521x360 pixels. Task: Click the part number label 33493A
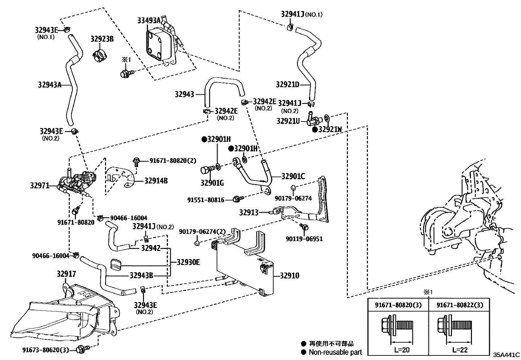click(149, 21)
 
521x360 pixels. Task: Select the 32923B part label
click(102, 39)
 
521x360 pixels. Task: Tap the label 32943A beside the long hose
click(49, 85)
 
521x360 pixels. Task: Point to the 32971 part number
click(40, 186)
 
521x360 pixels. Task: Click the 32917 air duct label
click(66, 274)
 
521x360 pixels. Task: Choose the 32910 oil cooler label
click(289, 276)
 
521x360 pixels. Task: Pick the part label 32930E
click(188, 262)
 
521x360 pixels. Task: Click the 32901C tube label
click(293, 177)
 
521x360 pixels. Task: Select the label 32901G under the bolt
click(212, 183)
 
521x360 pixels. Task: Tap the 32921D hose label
click(287, 85)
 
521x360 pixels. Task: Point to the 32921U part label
click(288, 121)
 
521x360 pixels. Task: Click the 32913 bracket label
click(249, 212)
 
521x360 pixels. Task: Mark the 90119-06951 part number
click(304, 239)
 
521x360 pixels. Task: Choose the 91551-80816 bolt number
click(206, 199)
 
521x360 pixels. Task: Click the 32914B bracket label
click(156, 180)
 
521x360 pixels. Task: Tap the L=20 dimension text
click(402, 350)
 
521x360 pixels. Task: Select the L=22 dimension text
click(460, 350)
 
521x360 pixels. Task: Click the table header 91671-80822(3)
click(460, 305)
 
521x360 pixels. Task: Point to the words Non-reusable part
click(335, 352)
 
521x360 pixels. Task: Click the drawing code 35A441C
click(506, 355)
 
